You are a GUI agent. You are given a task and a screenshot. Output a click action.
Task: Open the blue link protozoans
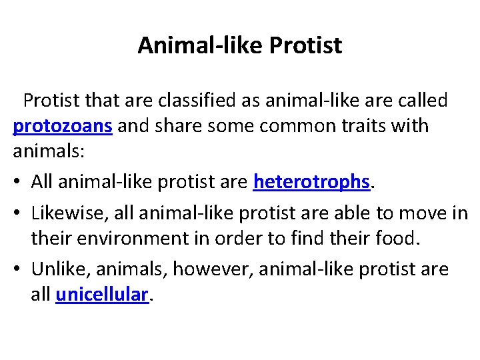click(63, 126)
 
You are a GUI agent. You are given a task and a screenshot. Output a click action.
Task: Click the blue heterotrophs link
click(311, 181)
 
